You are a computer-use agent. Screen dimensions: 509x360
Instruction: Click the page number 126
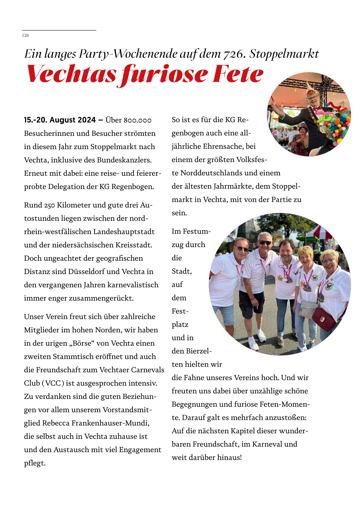(x=25, y=35)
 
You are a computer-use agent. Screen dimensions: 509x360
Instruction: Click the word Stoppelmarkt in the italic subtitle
(x=284, y=54)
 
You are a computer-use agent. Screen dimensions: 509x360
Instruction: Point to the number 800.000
(x=137, y=120)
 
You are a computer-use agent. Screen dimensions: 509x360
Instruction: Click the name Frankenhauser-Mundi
(x=110, y=423)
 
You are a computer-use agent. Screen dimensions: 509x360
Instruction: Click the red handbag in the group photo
(x=324, y=319)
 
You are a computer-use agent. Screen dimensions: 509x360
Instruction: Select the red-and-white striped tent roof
(x=319, y=233)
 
